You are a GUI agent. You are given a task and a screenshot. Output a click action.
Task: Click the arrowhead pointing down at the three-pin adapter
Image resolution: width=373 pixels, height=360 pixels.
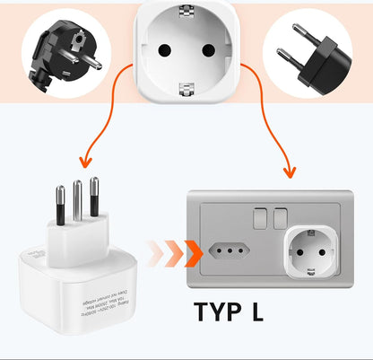86,162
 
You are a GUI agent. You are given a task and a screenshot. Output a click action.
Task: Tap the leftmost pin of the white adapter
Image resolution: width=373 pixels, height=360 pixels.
60,207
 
